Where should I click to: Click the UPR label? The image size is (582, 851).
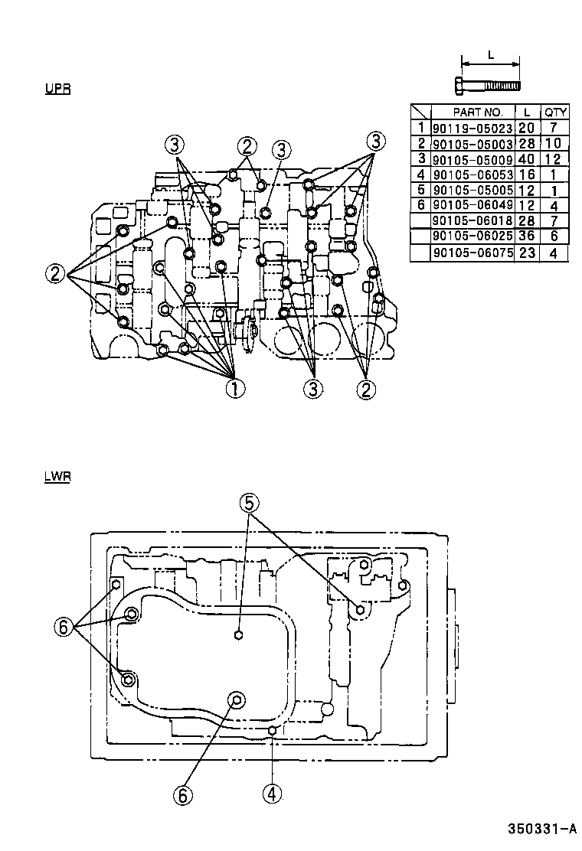click(57, 90)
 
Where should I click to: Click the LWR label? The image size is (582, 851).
click(57, 477)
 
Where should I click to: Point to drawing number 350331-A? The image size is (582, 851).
click(541, 829)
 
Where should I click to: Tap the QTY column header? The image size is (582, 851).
click(555, 112)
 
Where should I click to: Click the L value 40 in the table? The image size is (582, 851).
click(526, 159)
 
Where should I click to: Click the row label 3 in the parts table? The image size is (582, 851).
click(420, 159)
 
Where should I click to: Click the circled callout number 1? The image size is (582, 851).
click(234, 389)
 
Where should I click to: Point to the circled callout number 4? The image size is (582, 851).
click(271, 794)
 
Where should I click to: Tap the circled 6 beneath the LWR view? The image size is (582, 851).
click(182, 796)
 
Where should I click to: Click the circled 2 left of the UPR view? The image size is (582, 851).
click(56, 273)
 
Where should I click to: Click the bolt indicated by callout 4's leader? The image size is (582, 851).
click(272, 732)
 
